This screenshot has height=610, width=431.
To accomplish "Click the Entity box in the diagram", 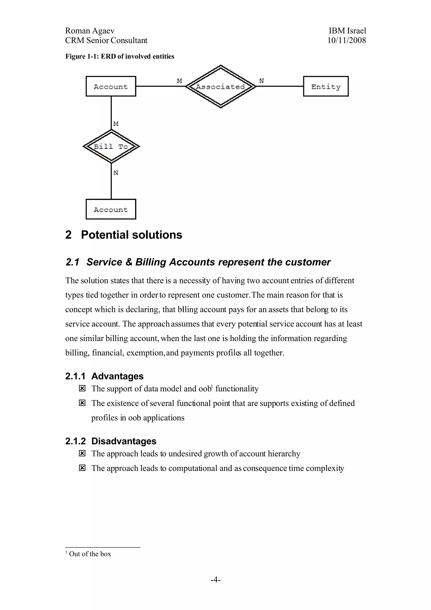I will pyautogui.click(x=326, y=86).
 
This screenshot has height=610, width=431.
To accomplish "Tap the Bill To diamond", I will pyautogui.click(x=111, y=146).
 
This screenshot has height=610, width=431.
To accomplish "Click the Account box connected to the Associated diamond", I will pyautogui.click(x=111, y=86).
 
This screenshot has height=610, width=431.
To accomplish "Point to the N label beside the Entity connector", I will pyautogui.click(x=262, y=81).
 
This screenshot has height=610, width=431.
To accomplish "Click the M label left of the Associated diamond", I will pyautogui.click(x=180, y=81).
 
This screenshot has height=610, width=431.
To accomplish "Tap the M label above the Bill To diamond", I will pyautogui.click(x=116, y=124).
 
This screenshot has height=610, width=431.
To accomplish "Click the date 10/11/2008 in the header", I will pyautogui.click(x=347, y=40).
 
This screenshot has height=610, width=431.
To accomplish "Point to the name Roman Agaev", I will pyautogui.click(x=90, y=31).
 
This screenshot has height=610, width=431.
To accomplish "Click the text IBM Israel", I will pyautogui.click(x=347, y=31).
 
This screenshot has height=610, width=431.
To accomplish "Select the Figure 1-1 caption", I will pyautogui.click(x=120, y=56).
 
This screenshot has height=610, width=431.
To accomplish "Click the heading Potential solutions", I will pyautogui.click(x=132, y=235).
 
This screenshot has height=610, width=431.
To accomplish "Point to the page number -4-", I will pyautogui.click(x=215, y=579).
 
